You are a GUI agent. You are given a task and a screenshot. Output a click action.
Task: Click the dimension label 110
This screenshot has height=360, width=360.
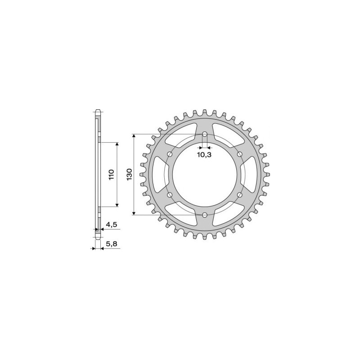pos(112,175)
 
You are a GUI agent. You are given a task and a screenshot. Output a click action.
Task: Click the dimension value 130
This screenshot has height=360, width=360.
pos(129,175)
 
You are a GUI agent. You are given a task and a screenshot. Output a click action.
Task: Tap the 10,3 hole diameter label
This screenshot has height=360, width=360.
pos(205,155)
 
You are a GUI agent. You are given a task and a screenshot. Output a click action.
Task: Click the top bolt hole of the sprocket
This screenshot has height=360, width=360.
pos(205,134)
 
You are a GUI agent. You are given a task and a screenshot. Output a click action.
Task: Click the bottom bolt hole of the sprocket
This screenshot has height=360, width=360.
pos(205,215)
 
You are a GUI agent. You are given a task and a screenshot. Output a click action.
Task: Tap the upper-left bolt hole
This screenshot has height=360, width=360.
pos(170,154)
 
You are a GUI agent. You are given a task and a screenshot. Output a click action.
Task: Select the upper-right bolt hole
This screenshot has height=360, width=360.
pos(239,154)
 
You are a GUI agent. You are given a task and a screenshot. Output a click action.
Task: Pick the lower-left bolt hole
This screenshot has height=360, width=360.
pos(170,195)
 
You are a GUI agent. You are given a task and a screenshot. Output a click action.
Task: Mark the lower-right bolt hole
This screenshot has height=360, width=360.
pos(239,195)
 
